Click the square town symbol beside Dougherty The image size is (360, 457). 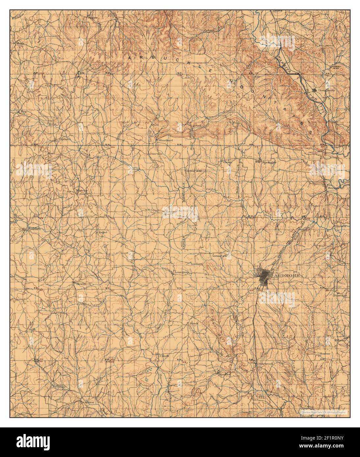pyautogui.click(x=315, y=89)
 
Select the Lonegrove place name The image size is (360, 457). pyautogui.click(x=183, y=273)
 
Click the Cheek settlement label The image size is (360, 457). pyautogui.click(x=164, y=356)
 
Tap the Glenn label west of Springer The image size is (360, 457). pyautogui.click(x=227, y=162)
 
